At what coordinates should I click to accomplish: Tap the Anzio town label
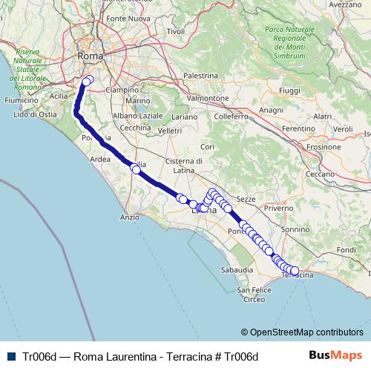129,217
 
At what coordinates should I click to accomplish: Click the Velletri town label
169,131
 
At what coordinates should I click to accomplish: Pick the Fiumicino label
21,99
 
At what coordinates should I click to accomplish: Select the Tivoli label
176,31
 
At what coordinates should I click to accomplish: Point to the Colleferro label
230,116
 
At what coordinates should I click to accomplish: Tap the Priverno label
278,209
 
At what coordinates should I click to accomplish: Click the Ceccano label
321,174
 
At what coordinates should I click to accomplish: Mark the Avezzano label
344,4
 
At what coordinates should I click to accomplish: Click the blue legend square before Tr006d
9,356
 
